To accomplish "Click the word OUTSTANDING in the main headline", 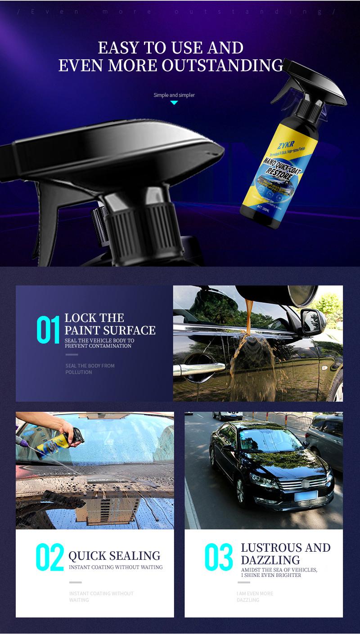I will tap(222, 66).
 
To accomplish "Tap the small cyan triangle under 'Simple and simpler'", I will tap(174, 103).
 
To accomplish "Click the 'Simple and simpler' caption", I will tap(174, 95).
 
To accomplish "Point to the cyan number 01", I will tap(48, 330).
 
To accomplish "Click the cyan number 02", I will tap(49, 558).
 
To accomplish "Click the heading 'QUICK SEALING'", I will tap(114, 556).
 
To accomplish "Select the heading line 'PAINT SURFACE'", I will tap(110, 330).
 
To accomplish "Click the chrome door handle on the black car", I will tap(198, 369).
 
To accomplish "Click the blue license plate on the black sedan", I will tap(306, 496).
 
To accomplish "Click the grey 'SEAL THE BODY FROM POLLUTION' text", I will tap(90, 369).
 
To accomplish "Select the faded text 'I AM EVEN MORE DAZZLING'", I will tap(255, 597).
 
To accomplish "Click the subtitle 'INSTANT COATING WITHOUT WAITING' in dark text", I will tap(116, 567).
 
